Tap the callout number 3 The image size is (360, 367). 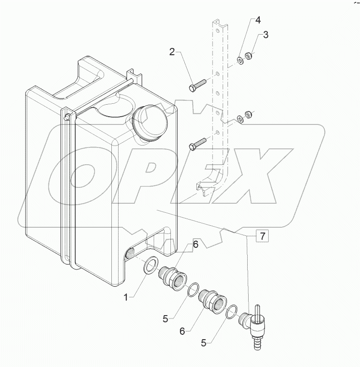click(265, 35)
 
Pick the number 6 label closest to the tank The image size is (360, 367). click(195, 245)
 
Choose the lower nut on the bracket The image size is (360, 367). click(249, 114)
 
